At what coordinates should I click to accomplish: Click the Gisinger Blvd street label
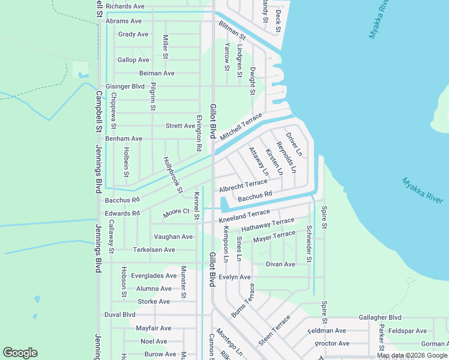pyautogui.click(x=125, y=86)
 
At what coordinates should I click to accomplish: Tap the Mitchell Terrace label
pyautogui.click(x=241, y=127)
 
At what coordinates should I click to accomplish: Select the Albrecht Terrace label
pyautogui.click(x=243, y=185)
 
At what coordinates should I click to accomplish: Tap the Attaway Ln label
pyautogui.click(x=259, y=161)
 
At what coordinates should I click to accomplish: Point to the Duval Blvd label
pyautogui.click(x=120, y=314)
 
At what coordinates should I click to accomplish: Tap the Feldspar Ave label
pyautogui.click(x=407, y=331)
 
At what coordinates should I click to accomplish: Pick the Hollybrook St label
pyautogui.click(x=173, y=175)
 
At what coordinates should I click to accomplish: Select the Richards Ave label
pyautogui.click(x=125, y=7)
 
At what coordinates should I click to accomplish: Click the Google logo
pyautogui.click(x=20, y=353)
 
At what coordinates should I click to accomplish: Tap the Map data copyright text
pyautogui.click(x=412, y=355)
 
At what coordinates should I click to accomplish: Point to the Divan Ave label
pyautogui.click(x=280, y=264)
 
